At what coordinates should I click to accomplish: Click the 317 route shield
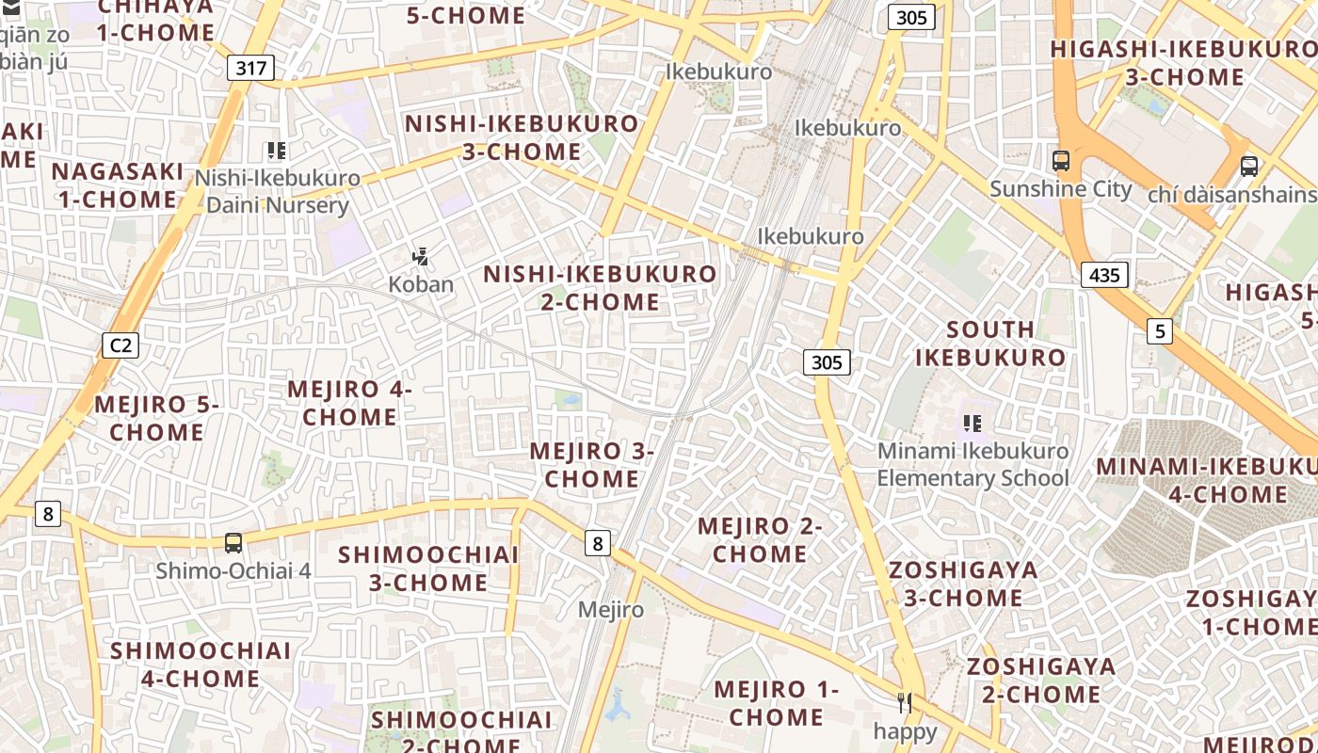[x=250, y=68]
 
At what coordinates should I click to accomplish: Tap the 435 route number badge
[x=1104, y=275]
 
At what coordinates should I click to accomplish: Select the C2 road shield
[x=121, y=345]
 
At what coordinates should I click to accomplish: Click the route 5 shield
[x=1160, y=331]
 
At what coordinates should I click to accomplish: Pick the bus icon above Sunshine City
[x=1061, y=161]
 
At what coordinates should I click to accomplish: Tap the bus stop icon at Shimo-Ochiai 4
[x=233, y=543]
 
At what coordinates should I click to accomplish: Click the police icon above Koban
[x=421, y=256]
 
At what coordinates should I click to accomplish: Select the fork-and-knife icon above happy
[x=905, y=703]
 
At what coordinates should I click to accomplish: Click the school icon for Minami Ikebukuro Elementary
[x=972, y=424]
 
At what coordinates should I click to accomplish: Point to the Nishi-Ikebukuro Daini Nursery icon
[x=277, y=151]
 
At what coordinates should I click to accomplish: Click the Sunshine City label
[x=1061, y=189]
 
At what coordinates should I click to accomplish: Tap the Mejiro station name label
[x=611, y=610]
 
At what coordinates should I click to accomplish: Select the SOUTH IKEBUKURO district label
[x=990, y=344]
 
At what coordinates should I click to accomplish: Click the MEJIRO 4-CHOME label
[x=349, y=403]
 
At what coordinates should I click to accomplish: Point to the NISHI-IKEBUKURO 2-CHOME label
[x=601, y=288]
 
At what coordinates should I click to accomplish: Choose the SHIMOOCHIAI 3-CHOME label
[x=428, y=569]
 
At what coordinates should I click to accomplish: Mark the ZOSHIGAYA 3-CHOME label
[x=963, y=584]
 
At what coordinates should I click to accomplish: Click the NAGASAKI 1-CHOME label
[x=118, y=185]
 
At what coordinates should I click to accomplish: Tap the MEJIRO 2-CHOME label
[x=760, y=540]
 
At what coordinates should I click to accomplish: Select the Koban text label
[x=421, y=284]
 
